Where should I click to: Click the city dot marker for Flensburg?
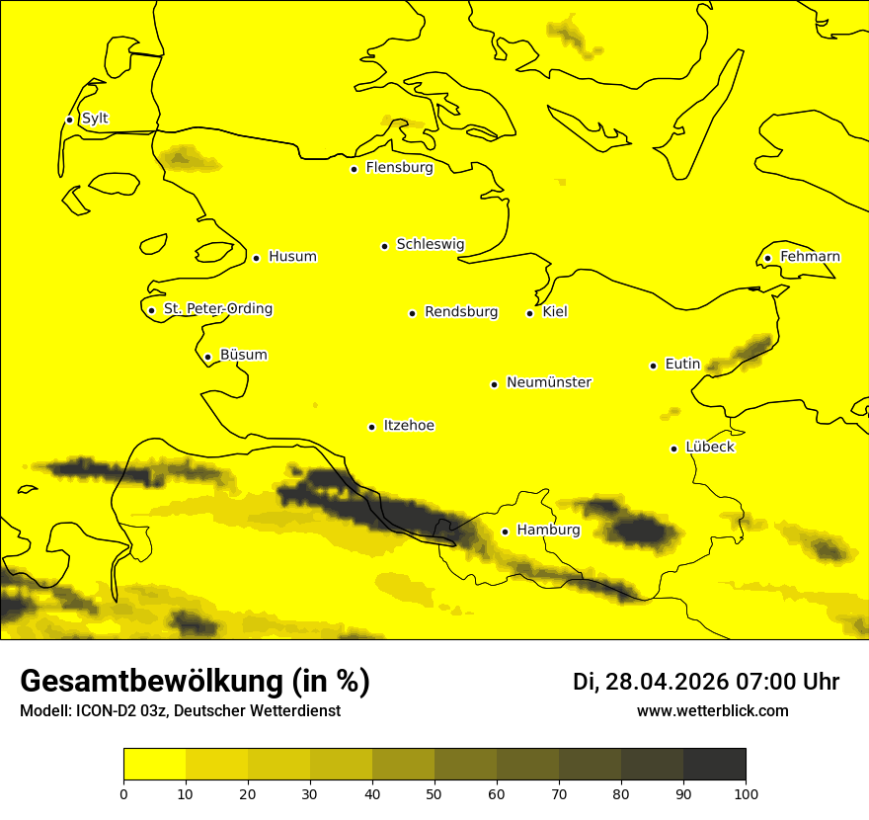pos(354,169)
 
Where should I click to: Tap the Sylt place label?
pos(95,119)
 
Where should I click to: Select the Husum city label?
pos(292,257)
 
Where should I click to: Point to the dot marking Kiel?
pos(529,313)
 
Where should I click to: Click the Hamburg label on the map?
pos(548,531)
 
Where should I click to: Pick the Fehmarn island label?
pos(810,257)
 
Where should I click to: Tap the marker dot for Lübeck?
pos(673,449)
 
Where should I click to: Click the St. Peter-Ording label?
pos(217,309)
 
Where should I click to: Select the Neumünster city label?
pos(549,382)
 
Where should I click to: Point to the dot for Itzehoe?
pos(371,427)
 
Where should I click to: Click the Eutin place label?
pos(682,365)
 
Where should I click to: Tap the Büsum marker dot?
pos(207,357)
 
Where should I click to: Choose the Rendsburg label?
pos(461,312)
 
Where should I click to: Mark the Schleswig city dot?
pos(384,246)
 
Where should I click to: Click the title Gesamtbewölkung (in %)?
pos(195,682)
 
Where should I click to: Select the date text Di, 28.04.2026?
pos(651,682)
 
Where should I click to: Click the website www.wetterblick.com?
pos(712,711)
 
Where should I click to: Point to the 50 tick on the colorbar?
pos(434,793)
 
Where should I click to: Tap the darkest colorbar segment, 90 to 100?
pos(714,765)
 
